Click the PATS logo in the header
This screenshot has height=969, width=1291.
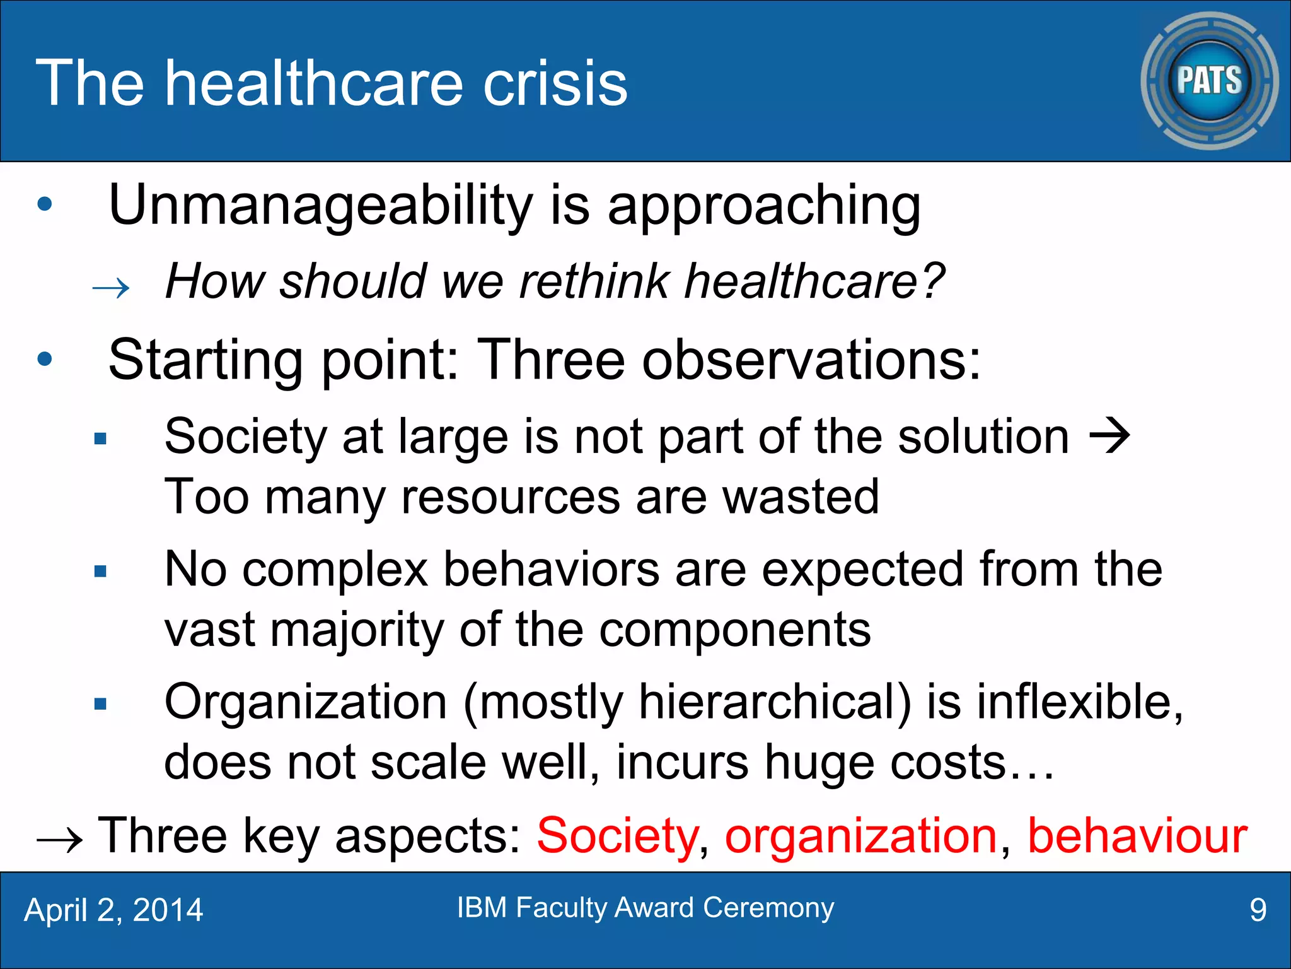(x=1209, y=81)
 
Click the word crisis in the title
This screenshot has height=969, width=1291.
(x=555, y=83)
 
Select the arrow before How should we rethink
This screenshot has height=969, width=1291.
(x=111, y=289)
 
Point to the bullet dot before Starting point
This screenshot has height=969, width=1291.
(x=45, y=360)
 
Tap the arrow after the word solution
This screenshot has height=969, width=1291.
(x=1110, y=437)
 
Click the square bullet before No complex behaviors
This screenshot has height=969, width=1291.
(x=100, y=572)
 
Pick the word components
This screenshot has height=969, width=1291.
(x=734, y=630)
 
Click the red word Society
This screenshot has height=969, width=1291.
(x=617, y=836)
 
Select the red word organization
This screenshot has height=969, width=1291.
(x=860, y=836)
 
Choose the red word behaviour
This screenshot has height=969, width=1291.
(x=1137, y=836)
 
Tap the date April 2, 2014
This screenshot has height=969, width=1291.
(x=113, y=910)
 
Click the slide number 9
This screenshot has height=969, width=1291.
(x=1258, y=910)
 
